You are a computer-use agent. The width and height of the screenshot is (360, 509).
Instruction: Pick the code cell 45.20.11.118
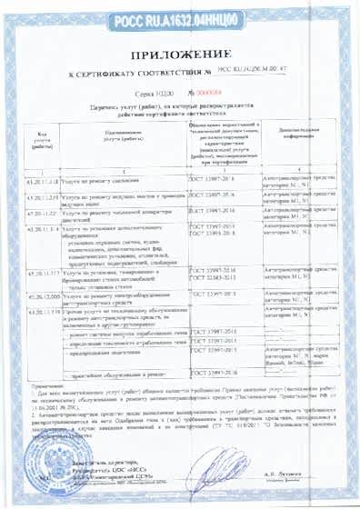(30, 180)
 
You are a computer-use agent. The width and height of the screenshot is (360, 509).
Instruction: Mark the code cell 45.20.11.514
(30, 228)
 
